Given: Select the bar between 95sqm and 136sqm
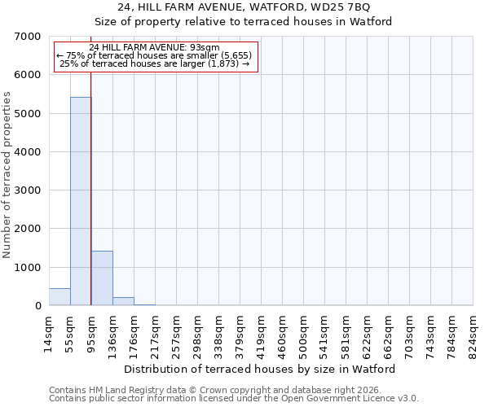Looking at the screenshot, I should [x=102, y=278].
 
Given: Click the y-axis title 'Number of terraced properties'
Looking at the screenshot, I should [x=7, y=175].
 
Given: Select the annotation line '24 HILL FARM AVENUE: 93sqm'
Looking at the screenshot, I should [x=155, y=48].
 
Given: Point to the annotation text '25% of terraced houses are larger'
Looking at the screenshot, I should [x=155, y=64].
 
